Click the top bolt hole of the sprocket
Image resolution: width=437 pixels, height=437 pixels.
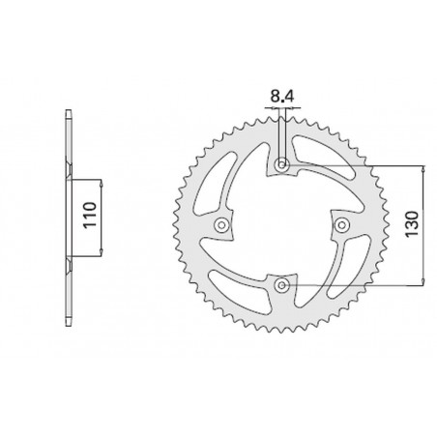point(281,165)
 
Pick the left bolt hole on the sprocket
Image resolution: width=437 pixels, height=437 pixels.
point(222,225)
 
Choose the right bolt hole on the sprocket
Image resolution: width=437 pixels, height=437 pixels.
point(340,224)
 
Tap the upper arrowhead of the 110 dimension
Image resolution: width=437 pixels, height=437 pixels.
point(97,181)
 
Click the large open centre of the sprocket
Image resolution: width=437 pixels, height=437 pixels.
point(281,224)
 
